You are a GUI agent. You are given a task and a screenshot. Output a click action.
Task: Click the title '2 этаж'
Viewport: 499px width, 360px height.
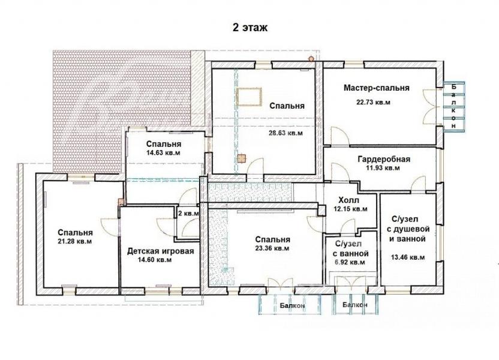point(250,28)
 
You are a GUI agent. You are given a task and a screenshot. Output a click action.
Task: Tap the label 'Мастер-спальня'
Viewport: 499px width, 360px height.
point(376,88)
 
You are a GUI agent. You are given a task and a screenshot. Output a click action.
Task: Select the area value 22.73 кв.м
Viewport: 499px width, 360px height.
point(373,102)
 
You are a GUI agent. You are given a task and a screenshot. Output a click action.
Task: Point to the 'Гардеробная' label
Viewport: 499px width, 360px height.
point(384,159)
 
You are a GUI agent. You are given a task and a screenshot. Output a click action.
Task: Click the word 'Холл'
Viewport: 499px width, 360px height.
point(349,200)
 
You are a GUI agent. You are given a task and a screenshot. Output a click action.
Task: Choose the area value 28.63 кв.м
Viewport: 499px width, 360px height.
point(285,133)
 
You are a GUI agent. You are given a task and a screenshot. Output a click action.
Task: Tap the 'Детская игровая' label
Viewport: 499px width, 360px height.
point(160,251)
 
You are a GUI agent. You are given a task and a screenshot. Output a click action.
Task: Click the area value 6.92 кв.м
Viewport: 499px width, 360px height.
point(350,263)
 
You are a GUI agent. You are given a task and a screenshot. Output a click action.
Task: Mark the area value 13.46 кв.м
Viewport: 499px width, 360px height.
point(407,257)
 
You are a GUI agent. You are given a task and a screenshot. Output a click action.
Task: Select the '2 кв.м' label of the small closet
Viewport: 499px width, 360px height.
point(188,213)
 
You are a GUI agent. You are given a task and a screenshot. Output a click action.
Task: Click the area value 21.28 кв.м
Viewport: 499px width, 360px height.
point(75,241)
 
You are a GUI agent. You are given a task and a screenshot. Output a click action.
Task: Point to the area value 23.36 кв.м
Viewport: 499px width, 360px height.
point(272,248)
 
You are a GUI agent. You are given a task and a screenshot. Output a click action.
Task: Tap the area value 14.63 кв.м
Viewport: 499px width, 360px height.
point(163,152)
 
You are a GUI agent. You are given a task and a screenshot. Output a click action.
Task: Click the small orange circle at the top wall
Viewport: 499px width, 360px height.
point(311,59)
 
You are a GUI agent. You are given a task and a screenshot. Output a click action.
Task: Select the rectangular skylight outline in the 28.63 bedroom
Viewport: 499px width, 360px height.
point(249,97)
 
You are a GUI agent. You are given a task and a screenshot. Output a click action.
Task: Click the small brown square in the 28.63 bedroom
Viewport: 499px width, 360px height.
point(241,158)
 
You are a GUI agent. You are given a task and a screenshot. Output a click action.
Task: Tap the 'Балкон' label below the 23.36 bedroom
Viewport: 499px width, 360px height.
point(293,305)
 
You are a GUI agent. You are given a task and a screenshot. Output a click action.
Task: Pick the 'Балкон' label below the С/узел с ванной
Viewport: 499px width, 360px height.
point(355,305)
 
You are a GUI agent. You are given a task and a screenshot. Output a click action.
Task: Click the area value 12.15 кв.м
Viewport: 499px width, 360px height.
point(350,209)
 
